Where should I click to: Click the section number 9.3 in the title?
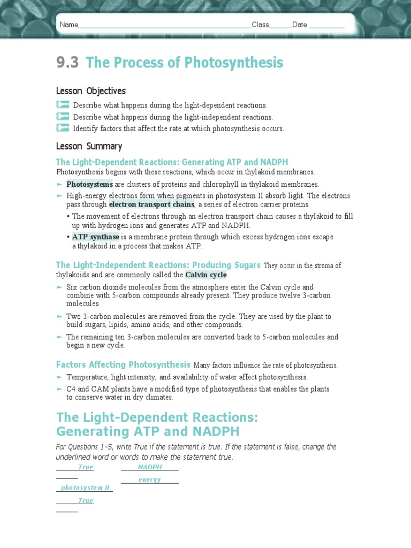(67, 63)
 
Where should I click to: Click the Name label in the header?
(68, 25)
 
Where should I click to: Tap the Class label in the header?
(260, 25)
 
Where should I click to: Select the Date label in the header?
(299, 25)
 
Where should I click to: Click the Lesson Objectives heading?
(91, 91)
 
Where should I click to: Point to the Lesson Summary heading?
(89, 146)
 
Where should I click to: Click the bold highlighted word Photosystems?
(89, 184)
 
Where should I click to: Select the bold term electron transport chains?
(151, 204)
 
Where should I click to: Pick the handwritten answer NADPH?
(150, 467)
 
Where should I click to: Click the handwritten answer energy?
(149, 479)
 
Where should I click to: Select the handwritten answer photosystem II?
(85, 488)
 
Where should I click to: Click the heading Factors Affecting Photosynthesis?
(123, 364)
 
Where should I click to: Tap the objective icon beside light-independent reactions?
(63, 116)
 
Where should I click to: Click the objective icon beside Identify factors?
(63, 128)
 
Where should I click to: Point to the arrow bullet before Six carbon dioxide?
(59, 287)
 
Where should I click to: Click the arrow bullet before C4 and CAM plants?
(59, 389)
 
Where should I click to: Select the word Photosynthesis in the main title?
(233, 63)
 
